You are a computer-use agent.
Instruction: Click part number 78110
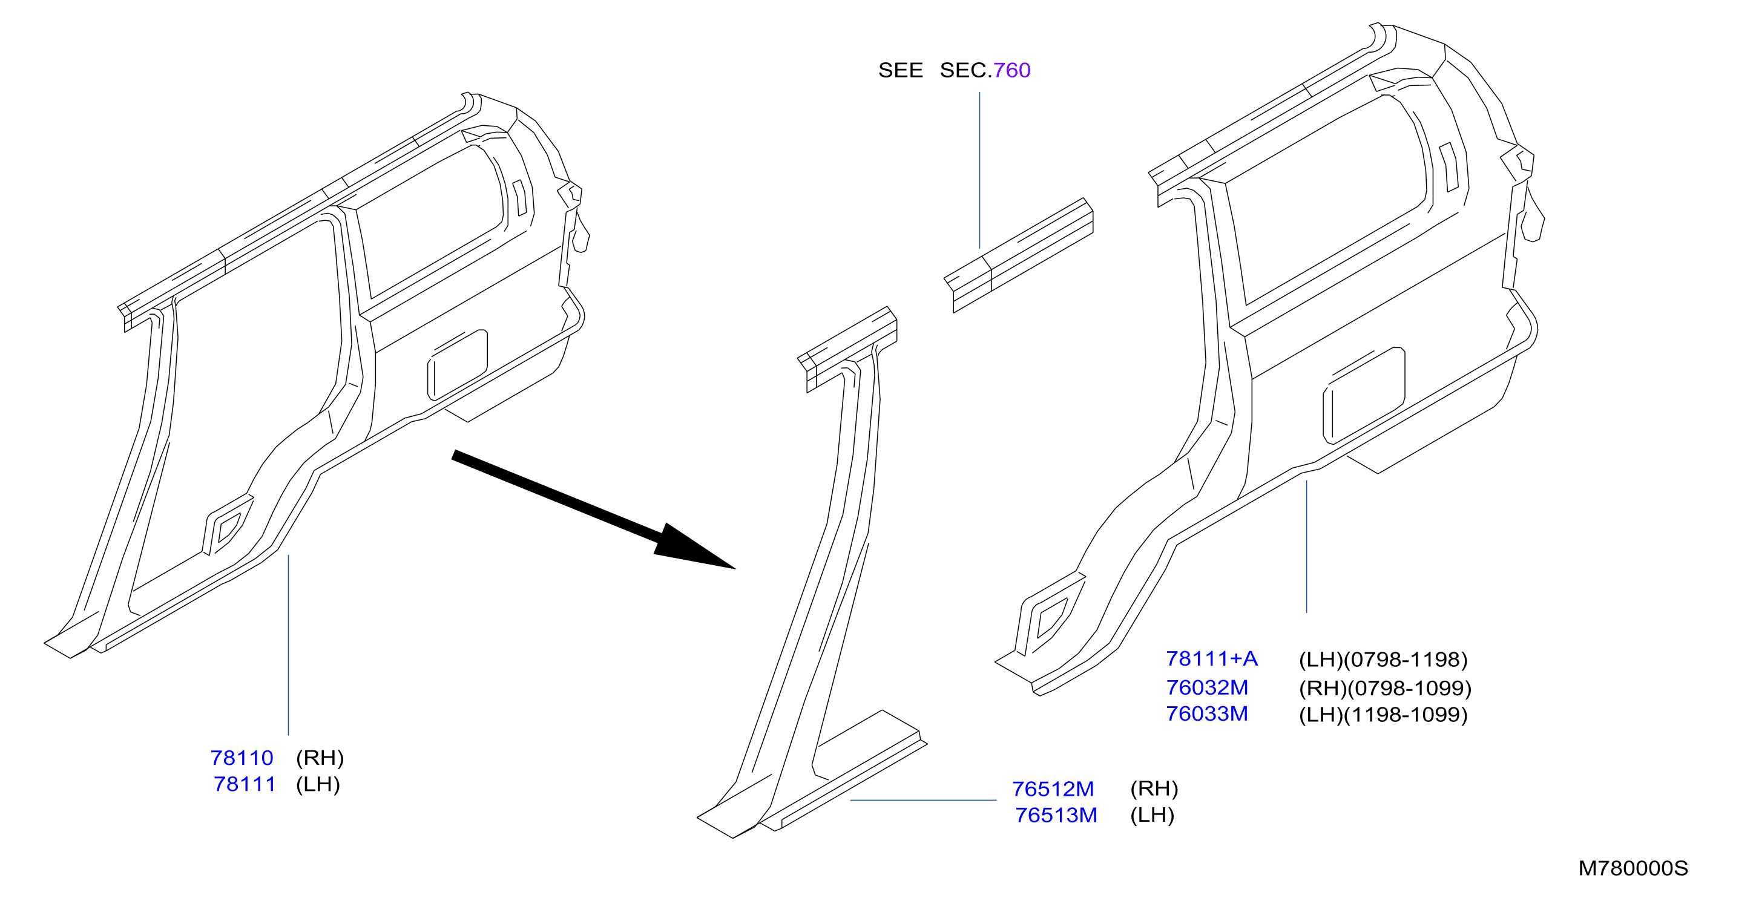click(x=242, y=758)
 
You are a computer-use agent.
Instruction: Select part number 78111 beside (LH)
click(x=244, y=784)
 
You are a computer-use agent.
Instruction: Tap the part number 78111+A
click(x=1211, y=659)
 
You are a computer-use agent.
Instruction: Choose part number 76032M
click(x=1206, y=687)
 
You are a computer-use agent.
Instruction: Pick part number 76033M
click(x=1206, y=714)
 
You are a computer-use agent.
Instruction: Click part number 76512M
click(x=1053, y=788)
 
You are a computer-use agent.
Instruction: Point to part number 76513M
click(x=1056, y=815)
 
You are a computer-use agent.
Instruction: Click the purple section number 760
click(x=1011, y=70)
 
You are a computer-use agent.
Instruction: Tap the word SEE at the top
click(x=901, y=70)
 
